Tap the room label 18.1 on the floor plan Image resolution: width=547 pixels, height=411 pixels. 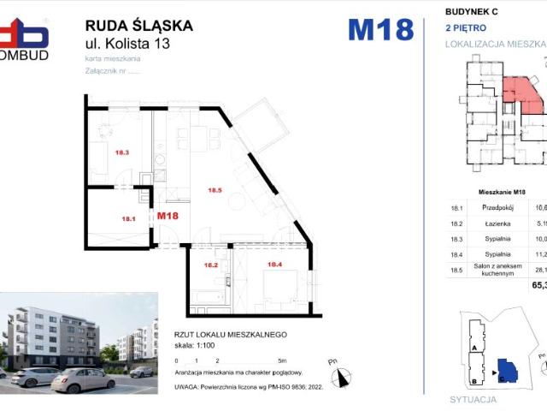coord(129,219)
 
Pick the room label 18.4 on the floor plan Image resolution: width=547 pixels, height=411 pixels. coord(275,265)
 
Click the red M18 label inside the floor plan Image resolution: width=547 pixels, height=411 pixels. coord(168,216)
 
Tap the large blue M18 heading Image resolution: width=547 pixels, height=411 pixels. coord(381,30)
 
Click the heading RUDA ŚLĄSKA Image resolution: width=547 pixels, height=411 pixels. coord(139,26)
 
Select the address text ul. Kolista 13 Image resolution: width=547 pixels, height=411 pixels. coord(126,44)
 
